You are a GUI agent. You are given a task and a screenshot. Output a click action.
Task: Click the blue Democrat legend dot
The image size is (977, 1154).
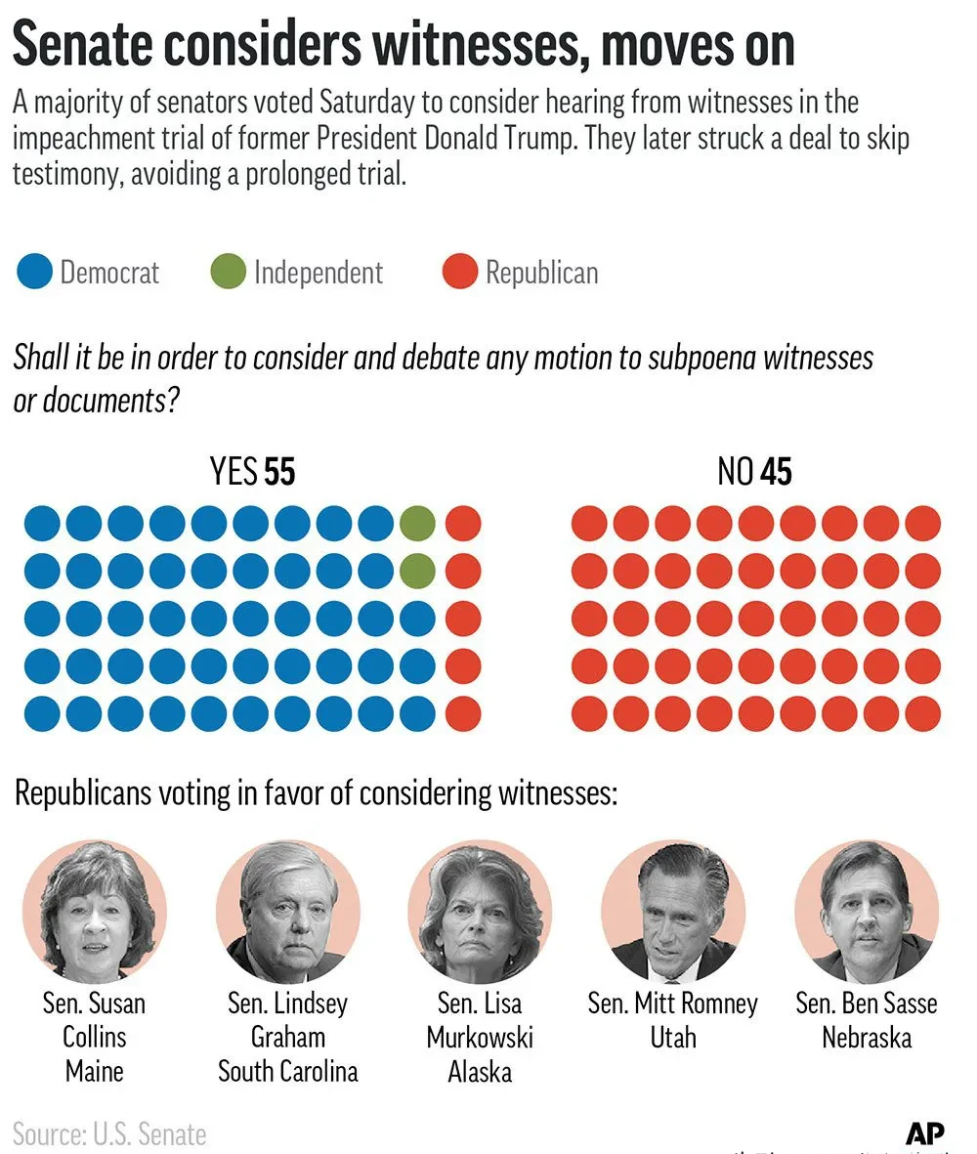pyautogui.click(x=34, y=271)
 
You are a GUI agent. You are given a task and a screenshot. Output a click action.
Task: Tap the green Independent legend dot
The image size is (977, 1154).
pyautogui.click(x=228, y=271)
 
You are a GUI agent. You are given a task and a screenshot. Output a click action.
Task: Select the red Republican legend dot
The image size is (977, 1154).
pyautogui.click(x=459, y=271)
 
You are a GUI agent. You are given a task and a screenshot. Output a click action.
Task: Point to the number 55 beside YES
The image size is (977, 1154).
pyautogui.click(x=279, y=473)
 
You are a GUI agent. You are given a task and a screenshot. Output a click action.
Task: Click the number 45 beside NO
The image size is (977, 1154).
pyautogui.click(x=776, y=473)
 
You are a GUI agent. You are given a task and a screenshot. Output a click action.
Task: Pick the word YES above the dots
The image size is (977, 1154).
pyautogui.click(x=234, y=473)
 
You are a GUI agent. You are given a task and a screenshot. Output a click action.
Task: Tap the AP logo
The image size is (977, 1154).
pyautogui.click(x=924, y=1133)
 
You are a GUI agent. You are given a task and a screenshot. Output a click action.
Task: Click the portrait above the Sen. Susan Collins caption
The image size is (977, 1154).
pyautogui.click(x=95, y=911)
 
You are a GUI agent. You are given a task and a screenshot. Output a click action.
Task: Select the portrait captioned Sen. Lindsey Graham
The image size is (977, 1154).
pyautogui.click(x=288, y=911)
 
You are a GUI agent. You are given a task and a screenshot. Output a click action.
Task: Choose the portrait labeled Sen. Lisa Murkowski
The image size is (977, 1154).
pyautogui.click(x=480, y=911)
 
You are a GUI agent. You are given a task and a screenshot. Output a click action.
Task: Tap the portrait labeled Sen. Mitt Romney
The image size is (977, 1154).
pyautogui.click(x=673, y=911)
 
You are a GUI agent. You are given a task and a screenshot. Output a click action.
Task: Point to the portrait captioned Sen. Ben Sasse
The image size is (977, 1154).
pyautogui.click(x=867, y=911)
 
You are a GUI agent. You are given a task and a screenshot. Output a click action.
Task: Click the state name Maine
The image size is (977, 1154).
pyautogui.click(x=95, y=1071)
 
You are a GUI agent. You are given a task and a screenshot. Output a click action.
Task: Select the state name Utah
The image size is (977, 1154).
pyautogui.click(x=673, y=1037)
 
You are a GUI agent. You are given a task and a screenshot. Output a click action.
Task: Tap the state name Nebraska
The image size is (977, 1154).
pyautogui.click(x=867, y=1037)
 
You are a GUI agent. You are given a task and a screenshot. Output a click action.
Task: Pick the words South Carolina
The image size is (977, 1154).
pyautogui.click(x=288, y=1071)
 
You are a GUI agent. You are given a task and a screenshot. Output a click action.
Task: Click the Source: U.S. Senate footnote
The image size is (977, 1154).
pyautogui.click(x=109, y=1134)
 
